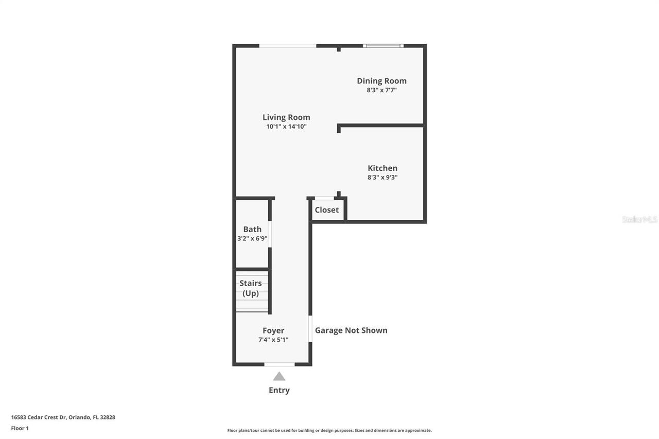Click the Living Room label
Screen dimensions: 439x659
(286, 117)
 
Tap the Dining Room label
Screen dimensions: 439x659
(381, 81)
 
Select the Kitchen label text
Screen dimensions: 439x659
(382, 168)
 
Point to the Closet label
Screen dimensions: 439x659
(327, 210)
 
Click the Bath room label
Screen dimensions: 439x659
(252, 230)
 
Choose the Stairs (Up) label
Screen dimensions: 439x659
(251, 288)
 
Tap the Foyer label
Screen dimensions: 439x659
(273, 331)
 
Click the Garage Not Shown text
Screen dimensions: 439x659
(351, 330)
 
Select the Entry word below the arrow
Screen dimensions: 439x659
(279, 390)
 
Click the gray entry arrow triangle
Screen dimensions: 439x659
(279, 377)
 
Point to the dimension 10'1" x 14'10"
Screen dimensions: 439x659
(286, 127)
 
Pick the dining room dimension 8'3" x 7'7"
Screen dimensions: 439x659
(381, 90)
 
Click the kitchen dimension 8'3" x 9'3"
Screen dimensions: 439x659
(382, 178)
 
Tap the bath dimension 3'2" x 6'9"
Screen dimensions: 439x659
(252, 239)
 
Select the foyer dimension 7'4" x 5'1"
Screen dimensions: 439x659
(273, 340)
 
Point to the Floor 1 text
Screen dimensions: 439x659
(20, 428)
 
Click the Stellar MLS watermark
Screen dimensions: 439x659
(639, 220)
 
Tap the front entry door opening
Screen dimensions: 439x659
(280, 364)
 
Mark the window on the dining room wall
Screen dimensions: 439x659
(383, 46)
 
